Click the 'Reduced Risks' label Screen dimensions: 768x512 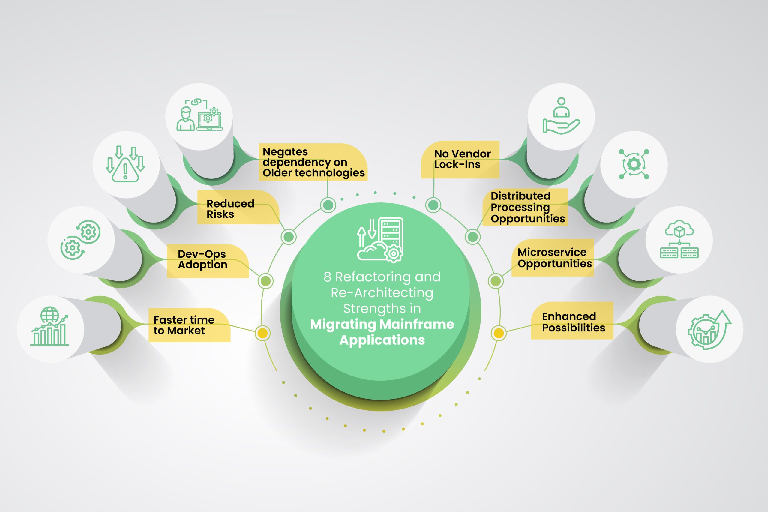tap(230, 209)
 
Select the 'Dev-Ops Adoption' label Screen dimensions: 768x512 tap(202, 259)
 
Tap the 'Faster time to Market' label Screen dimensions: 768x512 tap(184, 325)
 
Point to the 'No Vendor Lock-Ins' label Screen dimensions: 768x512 tap(462, 159)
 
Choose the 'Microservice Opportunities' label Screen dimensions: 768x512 tap(555, 258)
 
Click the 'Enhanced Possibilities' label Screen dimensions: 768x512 tap(574, 322)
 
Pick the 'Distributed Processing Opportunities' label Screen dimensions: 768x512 tap(528, 207)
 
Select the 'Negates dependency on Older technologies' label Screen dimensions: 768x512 tap(314, 162)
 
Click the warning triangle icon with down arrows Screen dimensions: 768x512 tap(125, 164)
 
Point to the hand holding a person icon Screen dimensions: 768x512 tap(561, 116)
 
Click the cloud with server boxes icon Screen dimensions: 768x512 tap(679, 239)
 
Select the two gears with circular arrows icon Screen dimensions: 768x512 tap(80, 240)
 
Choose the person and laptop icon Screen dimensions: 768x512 tap(199, 115)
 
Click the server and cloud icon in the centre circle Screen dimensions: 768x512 tap(380, 240)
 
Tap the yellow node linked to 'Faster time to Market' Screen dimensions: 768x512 tap(262, 333)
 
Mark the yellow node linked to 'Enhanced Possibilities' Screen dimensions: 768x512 tap(498, 333)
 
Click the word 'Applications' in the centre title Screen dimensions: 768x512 tap(382, 340)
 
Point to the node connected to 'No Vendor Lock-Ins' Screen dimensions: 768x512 tap(433, 205)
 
